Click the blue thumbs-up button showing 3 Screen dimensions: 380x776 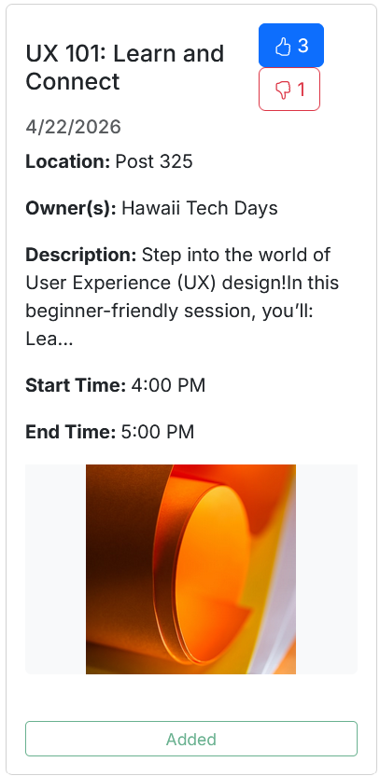point(291,45)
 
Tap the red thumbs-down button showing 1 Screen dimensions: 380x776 point(289,90)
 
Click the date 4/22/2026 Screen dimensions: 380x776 point(74,127)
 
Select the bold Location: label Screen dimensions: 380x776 point(68,161)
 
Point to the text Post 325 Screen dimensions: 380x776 point(154,161)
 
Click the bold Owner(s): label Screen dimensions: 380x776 point(71,208)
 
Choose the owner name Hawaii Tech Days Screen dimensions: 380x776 point(200,208)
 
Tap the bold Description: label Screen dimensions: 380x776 point(80,256)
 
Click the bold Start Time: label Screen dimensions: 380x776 point(76,385)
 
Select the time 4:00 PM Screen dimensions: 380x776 point(168,385)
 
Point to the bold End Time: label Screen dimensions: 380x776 point(70,432)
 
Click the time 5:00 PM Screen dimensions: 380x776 point(158,432)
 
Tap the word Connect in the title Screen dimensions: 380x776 point(73,82)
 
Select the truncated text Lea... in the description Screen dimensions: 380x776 point(49,339)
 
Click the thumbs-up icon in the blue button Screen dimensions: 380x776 point(283,47)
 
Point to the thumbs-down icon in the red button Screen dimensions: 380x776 point(282,90)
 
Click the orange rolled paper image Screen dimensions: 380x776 point(190,569)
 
